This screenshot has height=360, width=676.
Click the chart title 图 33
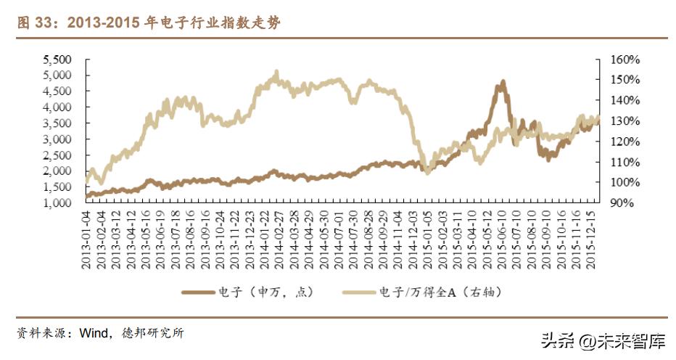tap(149, 23)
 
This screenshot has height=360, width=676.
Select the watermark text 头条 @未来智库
tap(601, 338)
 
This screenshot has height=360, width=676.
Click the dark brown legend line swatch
tap(198, 292)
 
